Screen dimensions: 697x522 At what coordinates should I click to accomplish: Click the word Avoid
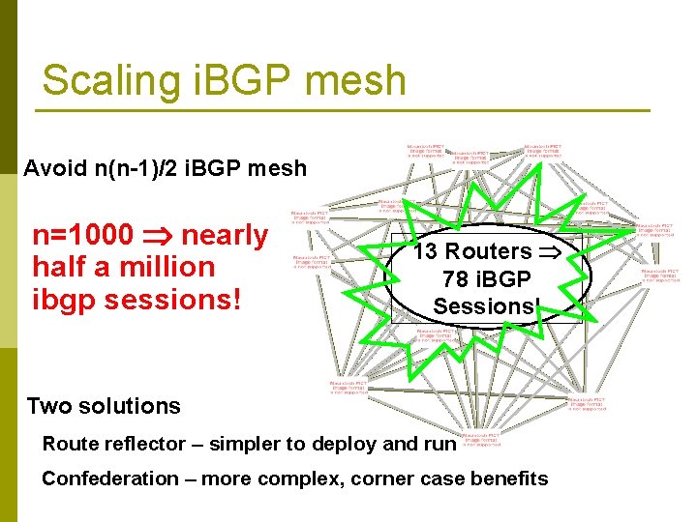pos(55,169)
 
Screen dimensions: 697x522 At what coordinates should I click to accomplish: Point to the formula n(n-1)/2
pos(143,169)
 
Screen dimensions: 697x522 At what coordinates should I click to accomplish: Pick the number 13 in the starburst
pos(424,252)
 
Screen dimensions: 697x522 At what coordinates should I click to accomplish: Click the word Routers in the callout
pos(485,252)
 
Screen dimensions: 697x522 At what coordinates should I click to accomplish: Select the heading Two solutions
pos(104,406)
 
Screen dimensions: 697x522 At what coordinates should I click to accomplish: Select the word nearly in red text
pos(225,235)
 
